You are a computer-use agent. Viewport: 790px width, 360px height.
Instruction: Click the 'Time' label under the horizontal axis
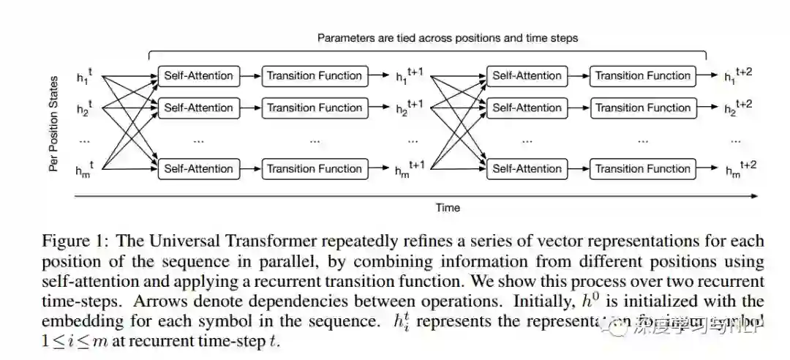coord(448,207)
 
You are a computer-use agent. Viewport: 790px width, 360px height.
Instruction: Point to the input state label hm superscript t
coord(85,169)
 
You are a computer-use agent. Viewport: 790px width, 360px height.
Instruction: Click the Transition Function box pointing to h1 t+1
coord(314,75)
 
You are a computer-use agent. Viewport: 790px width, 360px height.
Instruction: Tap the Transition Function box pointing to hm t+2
coord(642,168)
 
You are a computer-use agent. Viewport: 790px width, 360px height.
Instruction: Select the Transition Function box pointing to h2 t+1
coord(314,108)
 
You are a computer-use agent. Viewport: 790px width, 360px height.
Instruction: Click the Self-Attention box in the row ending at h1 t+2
coord(527,75)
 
